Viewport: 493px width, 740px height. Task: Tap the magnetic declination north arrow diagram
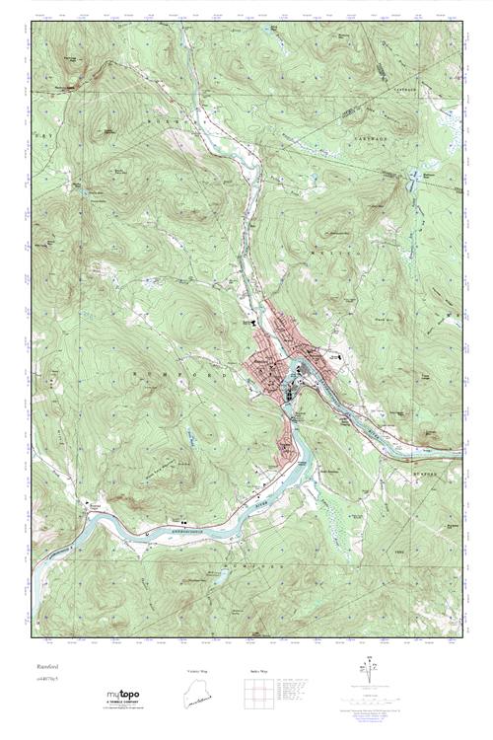[372, 678]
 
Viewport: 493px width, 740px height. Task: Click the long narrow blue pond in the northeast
[415, 207]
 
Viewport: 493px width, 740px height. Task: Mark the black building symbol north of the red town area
[252, 320]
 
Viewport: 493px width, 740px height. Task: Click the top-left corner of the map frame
[31, 22]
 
